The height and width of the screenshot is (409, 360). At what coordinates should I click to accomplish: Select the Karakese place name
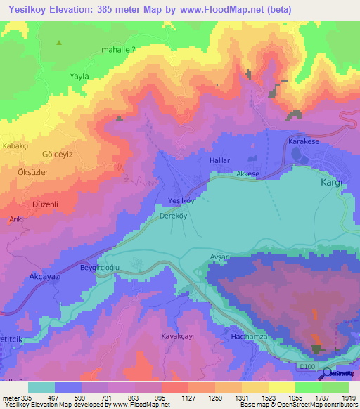304,141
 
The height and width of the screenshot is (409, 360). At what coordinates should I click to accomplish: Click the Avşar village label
220,257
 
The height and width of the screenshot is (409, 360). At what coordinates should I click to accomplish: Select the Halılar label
219,161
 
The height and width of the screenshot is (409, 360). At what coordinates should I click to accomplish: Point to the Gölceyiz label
38,154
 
